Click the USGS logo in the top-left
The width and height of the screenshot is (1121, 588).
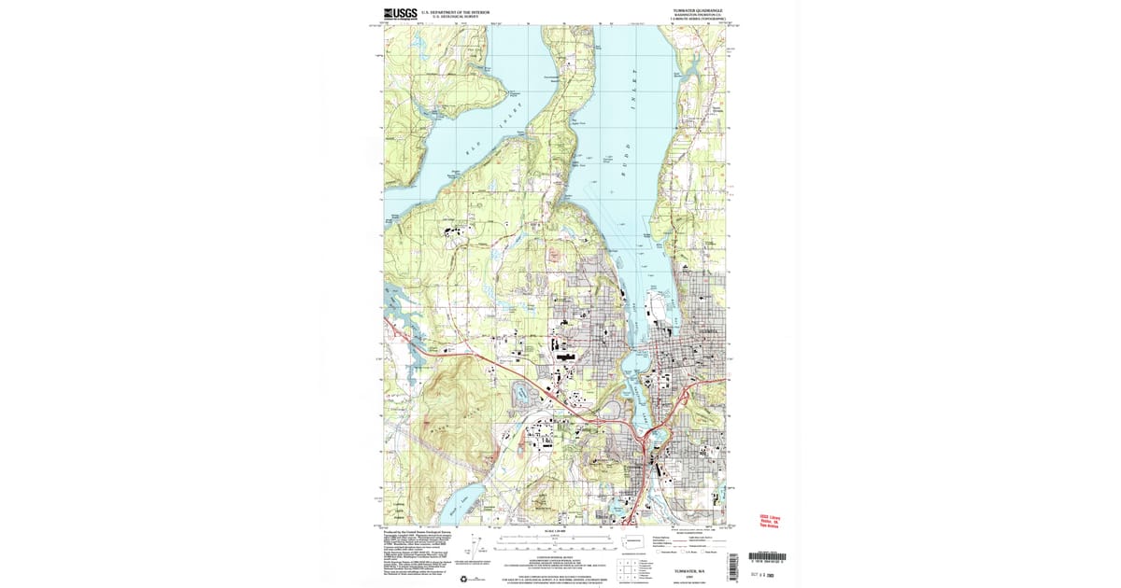coord(400,13)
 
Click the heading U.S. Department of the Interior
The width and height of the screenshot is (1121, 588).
coord(454,12)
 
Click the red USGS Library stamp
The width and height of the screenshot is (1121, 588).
coord(770,520)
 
